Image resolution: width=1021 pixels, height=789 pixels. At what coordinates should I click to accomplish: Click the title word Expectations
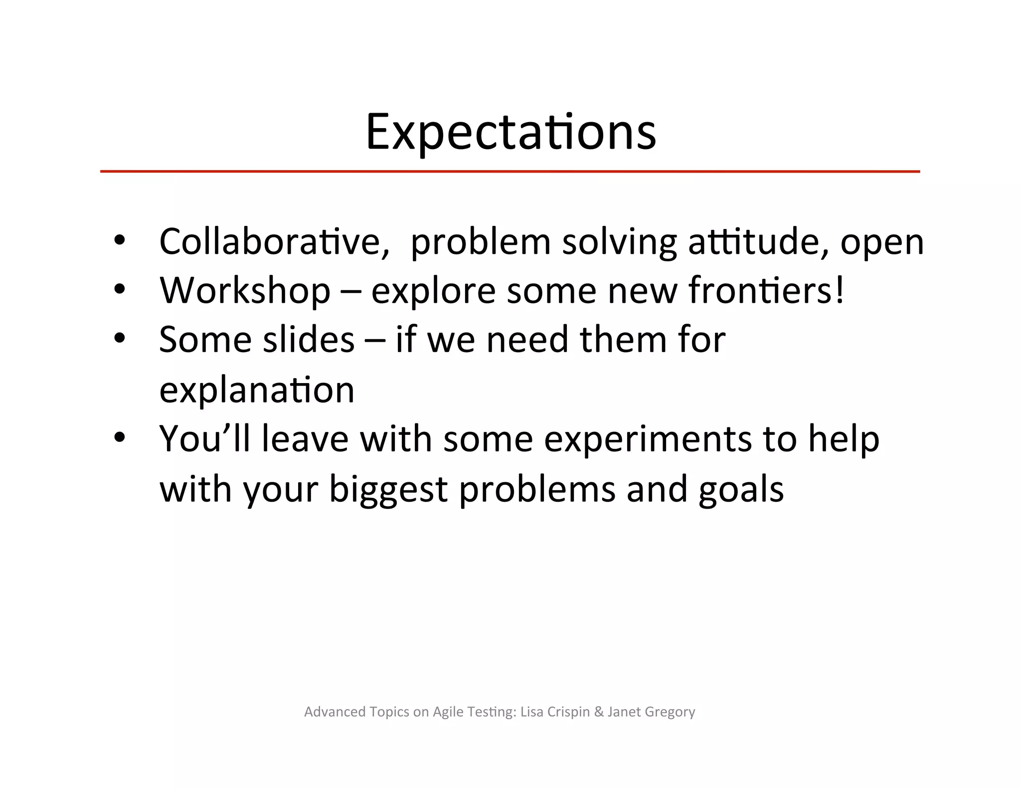(510, 132)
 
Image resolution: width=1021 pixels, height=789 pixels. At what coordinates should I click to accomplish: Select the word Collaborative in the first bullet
(274, 242)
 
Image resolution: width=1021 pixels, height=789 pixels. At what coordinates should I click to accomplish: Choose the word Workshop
(245, 291)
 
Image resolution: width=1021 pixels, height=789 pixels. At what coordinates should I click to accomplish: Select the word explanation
(257, 390)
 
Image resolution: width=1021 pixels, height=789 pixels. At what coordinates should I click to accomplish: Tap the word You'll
(204, 439)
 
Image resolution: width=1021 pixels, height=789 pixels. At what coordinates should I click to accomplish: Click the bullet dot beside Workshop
(120, 289)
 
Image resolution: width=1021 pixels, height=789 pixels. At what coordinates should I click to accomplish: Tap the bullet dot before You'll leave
(120, 437)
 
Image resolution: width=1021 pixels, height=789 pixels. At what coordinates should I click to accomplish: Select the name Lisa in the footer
(531, 712)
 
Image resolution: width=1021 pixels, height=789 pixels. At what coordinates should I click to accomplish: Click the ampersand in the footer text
(599, 712)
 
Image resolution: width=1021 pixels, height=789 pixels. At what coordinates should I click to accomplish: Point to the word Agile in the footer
(448, 712)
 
